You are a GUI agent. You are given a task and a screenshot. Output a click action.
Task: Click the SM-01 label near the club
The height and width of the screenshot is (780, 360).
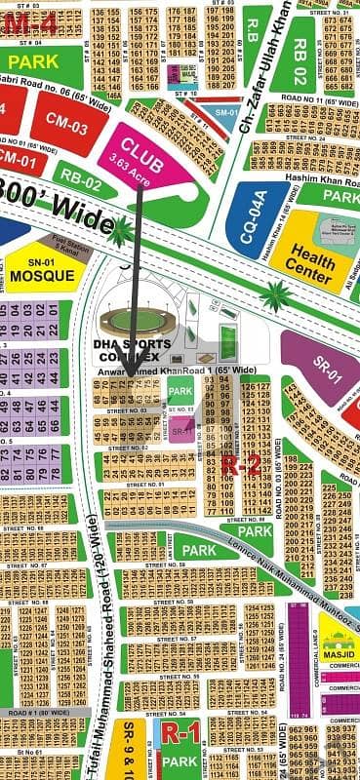225,114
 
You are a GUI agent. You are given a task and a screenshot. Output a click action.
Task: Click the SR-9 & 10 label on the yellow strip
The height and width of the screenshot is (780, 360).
133,749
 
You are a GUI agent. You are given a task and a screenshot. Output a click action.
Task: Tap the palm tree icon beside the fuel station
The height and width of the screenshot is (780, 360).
120,233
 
